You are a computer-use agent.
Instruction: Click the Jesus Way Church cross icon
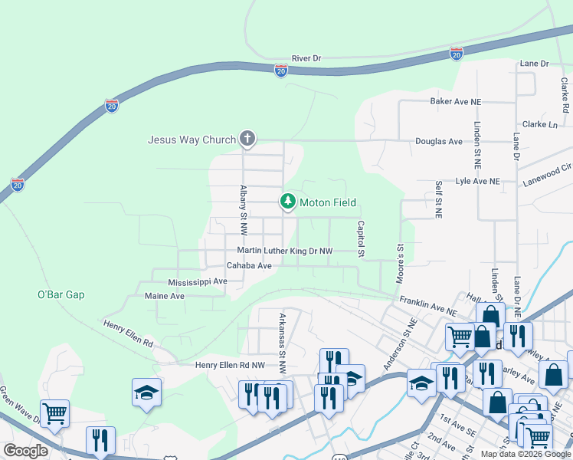click(x=247, y=139)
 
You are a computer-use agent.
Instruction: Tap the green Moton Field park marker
click(x=288, y=202)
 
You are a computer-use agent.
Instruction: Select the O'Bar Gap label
click(x=61, y=294)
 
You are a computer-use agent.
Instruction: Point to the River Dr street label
click(x=306, y=58)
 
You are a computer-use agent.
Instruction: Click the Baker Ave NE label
click(x=455, y=101)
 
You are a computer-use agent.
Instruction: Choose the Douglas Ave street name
click(x=439, y=142)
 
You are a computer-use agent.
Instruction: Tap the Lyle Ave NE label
click(x=477, y=182)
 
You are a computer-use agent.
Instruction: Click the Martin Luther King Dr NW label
click(x=285, y=251)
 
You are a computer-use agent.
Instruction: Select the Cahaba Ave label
click(x=249, y=266)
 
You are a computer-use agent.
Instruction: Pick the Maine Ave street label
click(x=165, y=296)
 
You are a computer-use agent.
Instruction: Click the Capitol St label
click(x=359, y=238)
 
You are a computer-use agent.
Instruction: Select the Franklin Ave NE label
click(x=427, y=307)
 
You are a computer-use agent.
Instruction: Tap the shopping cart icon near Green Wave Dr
click(x=54, y=414)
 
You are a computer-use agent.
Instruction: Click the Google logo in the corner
click(x=25, y=451)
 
